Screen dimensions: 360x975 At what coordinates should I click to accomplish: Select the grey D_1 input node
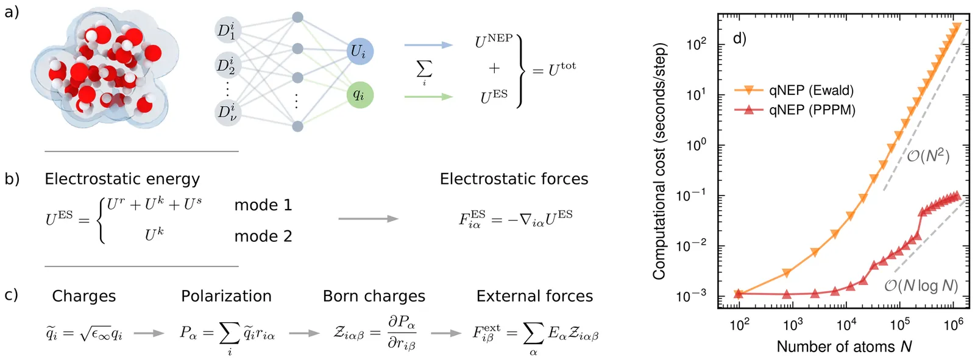(227, 30)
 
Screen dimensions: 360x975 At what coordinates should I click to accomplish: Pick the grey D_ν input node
(227, 113)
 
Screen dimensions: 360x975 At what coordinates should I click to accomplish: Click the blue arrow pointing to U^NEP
(428, 44)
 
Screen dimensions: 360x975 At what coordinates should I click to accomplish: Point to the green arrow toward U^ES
(428, 96)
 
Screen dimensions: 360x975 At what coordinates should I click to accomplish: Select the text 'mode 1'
(263, 205)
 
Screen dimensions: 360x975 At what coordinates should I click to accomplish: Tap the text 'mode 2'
(263, 236)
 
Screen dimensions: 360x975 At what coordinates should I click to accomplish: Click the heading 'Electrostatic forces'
(514, 178)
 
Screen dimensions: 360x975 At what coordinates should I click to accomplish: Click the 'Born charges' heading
(374, 296)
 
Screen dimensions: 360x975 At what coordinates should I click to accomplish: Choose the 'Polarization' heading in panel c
(226, 296)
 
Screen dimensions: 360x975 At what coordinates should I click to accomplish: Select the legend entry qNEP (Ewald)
(811, 90)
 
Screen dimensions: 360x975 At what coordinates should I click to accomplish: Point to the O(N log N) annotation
(921, 285)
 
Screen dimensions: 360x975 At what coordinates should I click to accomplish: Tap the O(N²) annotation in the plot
(928, 156)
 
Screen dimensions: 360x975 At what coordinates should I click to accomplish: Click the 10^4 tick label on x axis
(846, 325)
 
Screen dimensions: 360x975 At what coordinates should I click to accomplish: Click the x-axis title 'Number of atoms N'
(844, 347)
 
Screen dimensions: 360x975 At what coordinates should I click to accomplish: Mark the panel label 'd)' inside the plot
(739, 38)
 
